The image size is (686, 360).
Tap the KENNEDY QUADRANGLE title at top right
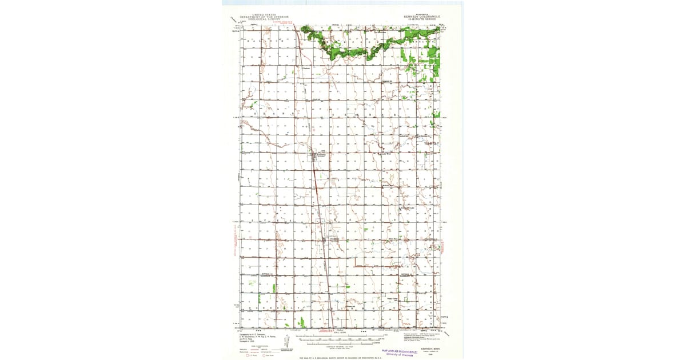click(x=420, y=17)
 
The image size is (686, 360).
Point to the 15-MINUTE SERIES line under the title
click(x=420, y=19)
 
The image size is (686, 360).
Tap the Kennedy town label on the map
click(x=321, y=153)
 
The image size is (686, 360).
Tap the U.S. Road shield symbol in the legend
click(x=248, y=356)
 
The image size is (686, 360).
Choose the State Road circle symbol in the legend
click(x=264, y=356)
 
